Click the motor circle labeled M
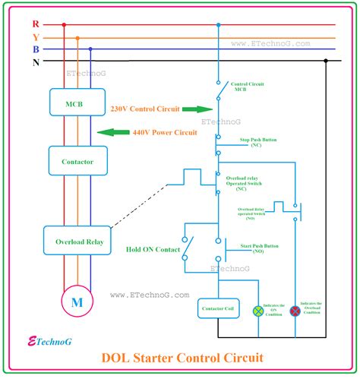pos(77,301)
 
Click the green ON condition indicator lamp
pos(257,311)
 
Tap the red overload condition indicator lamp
pos(295,311)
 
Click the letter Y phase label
pos(36,36)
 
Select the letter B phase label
pos(36,49)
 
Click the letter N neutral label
pos(36,61)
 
